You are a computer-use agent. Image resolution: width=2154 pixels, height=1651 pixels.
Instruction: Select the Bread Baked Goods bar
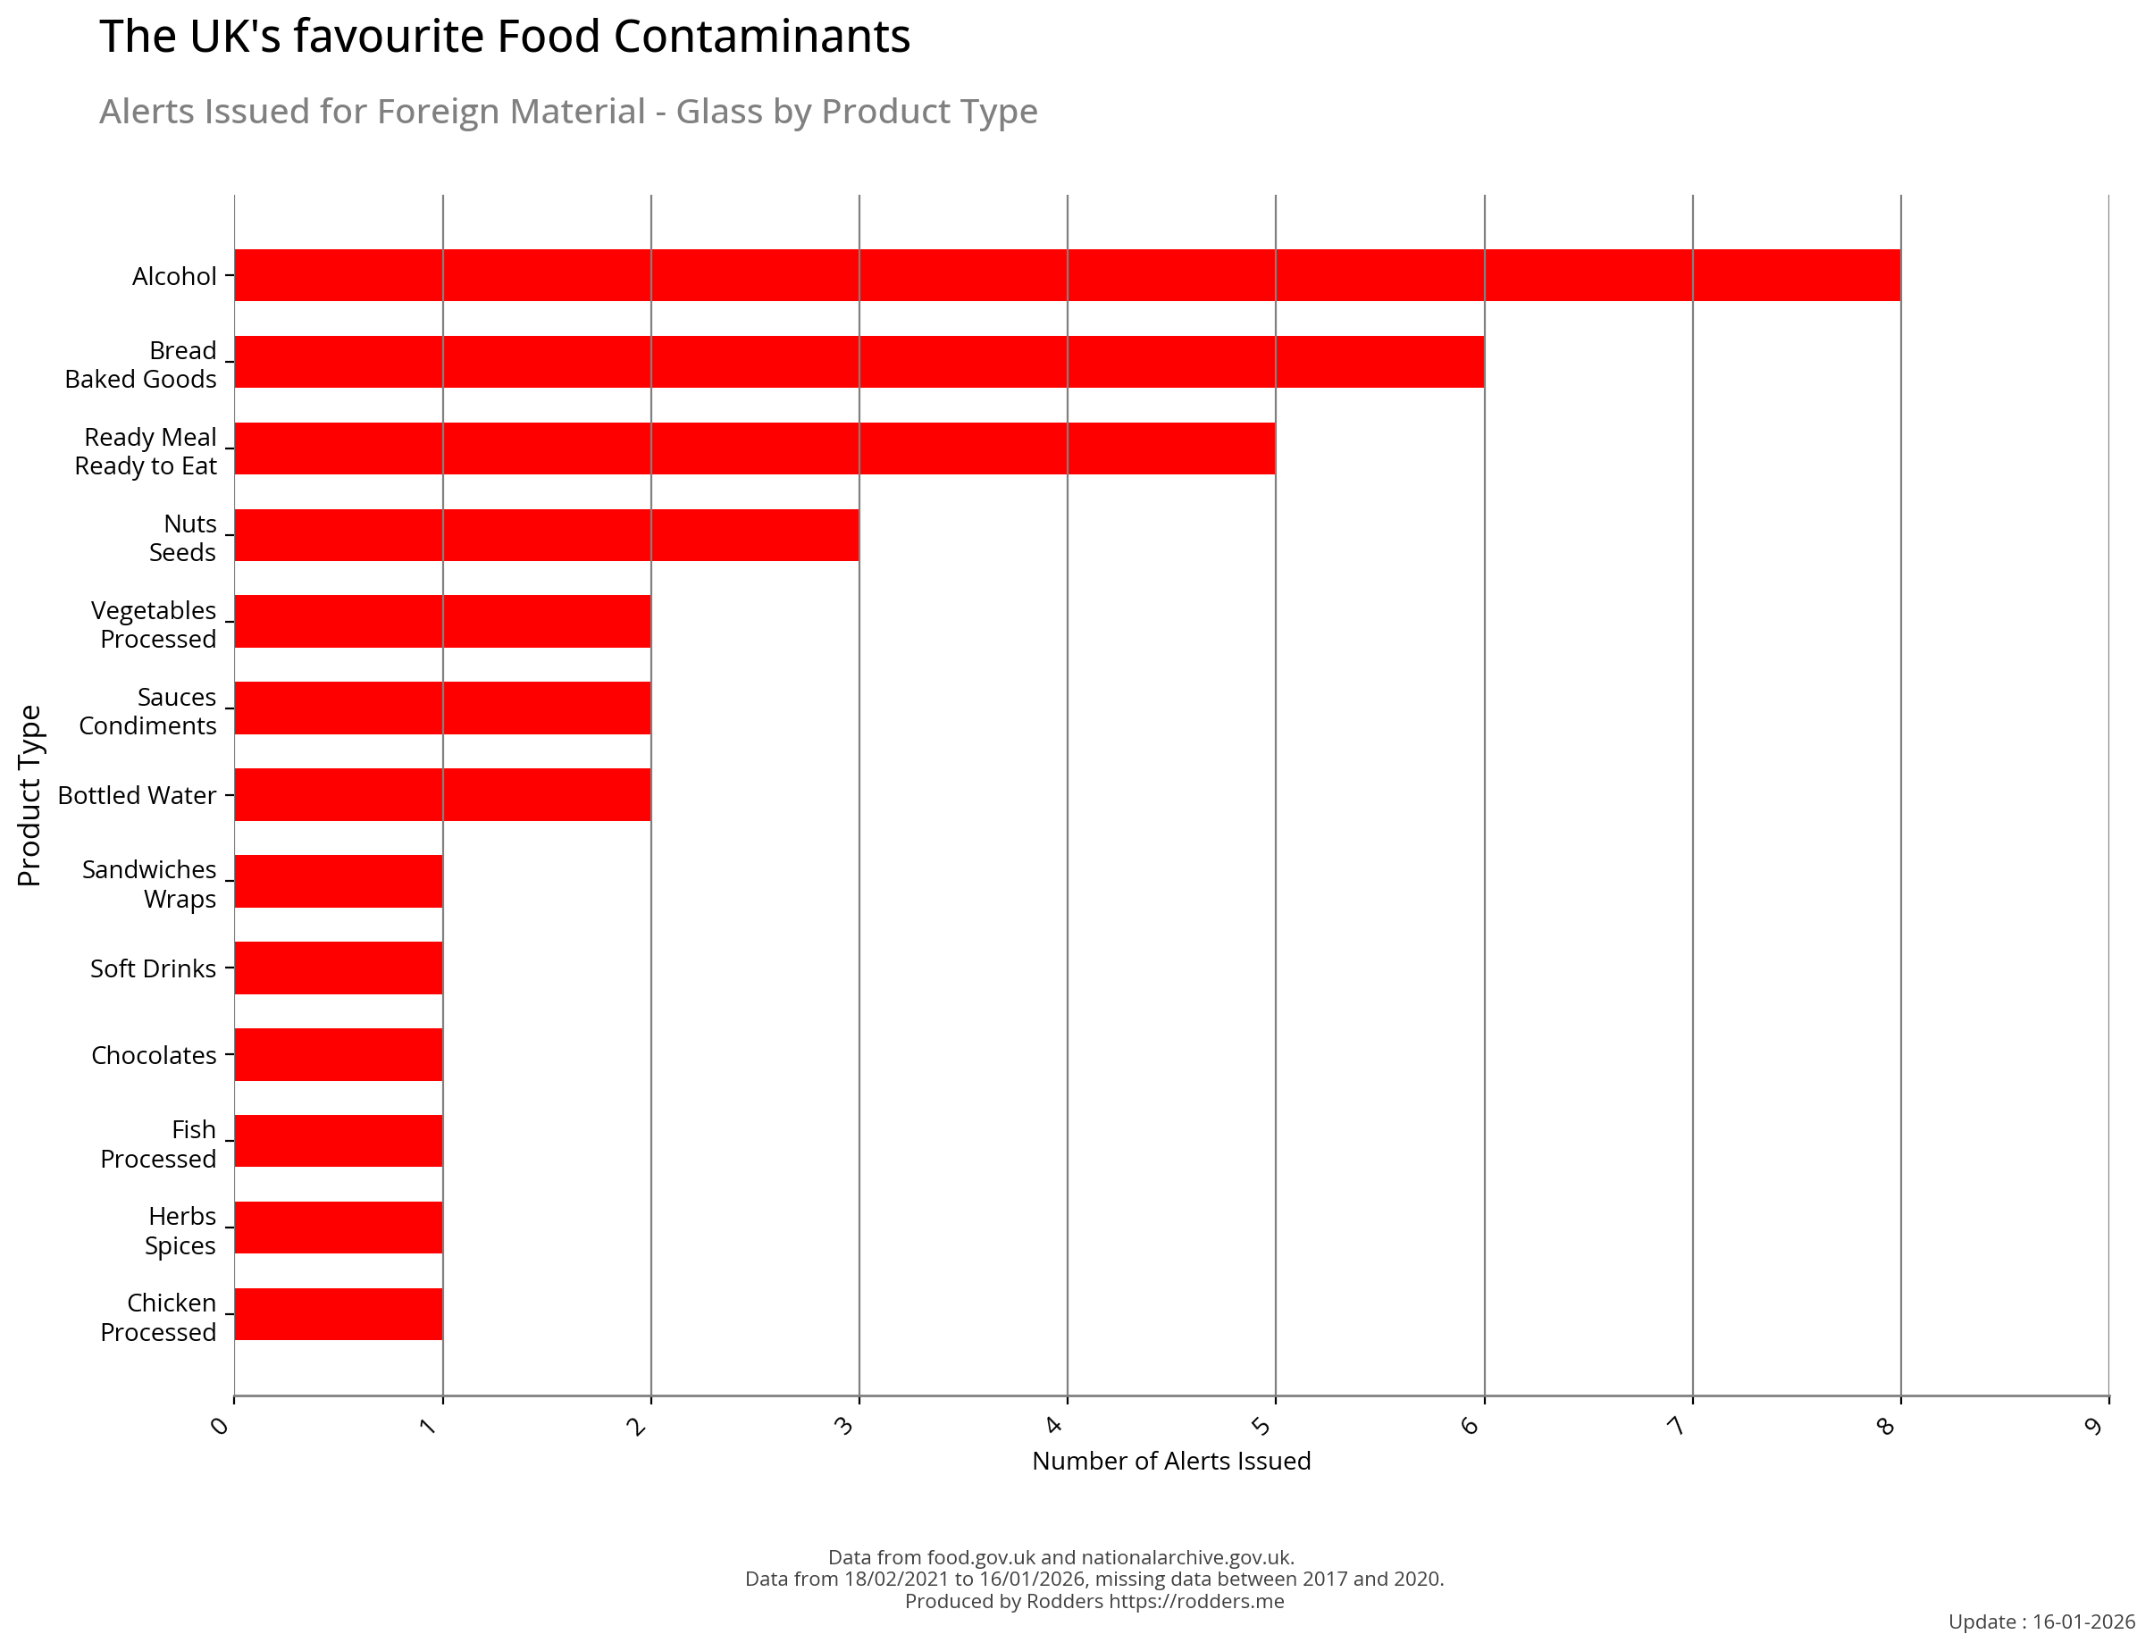(858, 362)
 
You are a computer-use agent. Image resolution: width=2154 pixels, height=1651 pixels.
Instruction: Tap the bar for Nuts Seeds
(547, 534)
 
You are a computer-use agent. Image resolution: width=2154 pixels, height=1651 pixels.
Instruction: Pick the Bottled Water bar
(442, 794)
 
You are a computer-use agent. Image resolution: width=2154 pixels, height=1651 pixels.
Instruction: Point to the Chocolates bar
(338, 1054)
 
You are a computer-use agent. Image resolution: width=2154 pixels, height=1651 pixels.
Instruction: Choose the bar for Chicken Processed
(338, 1314)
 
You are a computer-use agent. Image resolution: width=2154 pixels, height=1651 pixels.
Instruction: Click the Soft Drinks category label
(154, 969)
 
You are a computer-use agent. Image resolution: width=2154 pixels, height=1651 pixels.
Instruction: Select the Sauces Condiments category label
(147, 711)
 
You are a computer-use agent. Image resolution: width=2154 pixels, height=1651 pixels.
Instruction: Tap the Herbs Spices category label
(180, 1230)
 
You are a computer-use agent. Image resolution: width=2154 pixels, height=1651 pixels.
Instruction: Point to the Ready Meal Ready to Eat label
(147, 451)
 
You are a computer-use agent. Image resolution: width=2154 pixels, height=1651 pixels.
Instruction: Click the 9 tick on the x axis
(2093, 1425)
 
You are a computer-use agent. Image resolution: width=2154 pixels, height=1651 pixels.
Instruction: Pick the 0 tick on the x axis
(220, 1425)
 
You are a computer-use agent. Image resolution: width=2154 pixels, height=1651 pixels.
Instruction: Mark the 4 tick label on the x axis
(1054, 1425)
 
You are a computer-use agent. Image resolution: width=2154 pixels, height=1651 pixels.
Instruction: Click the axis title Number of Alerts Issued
(1171, 1462)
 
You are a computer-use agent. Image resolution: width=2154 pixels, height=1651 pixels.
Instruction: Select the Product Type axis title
(29, 795)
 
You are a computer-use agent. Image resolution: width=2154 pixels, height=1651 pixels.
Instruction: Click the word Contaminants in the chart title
(761, 38)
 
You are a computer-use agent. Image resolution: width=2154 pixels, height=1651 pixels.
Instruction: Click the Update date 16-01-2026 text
(2083, 1622)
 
